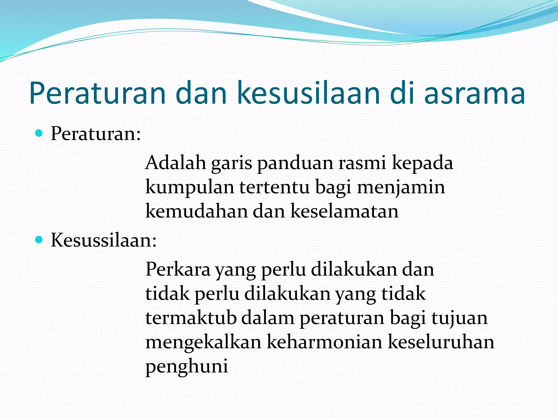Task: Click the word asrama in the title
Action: pos(474,93)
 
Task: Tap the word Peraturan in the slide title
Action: pos(97,93)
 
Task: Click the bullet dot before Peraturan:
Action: pos(40,133)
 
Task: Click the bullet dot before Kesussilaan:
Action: pos(40,240)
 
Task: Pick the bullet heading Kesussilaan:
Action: pos(104,240)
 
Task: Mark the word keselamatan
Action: pos(344,211)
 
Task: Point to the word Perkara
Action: pos(178,270)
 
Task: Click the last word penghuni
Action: pos(187,366)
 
